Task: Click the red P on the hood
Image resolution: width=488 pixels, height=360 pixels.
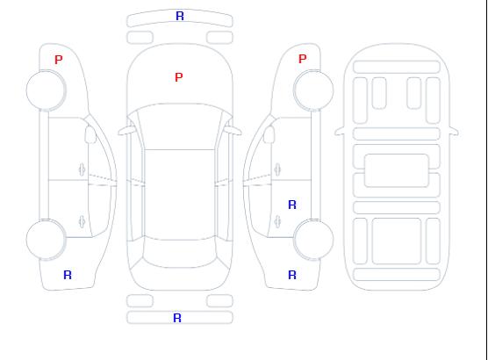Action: [179, 77]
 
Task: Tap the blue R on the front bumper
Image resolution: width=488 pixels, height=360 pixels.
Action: [180, 16]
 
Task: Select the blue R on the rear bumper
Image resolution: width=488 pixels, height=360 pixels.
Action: [177, 318]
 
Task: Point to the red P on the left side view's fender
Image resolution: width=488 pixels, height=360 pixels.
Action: [59, 60]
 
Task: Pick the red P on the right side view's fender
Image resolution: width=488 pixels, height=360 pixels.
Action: [303, 59]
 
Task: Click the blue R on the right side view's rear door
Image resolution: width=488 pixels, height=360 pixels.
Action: [292, 205]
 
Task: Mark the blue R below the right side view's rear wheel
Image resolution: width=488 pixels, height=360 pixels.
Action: [292, 275]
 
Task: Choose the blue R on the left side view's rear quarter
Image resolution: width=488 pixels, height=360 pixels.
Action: [68, 275]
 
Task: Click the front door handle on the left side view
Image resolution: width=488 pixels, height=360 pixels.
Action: [82, 169]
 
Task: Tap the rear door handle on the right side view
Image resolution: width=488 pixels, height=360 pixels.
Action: [277, 221]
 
